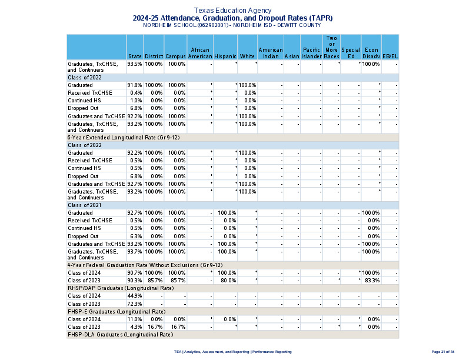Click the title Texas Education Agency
point(232,11)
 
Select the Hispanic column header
point(225,56)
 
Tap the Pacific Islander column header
point(311,53)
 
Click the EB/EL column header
point(390,56)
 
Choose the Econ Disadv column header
point(371,53)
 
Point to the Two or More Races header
point(332,47)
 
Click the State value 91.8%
point(135,85)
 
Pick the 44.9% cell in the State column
point(135,296)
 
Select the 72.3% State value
point(135,304)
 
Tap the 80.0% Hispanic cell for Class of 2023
point(227,281)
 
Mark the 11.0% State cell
point(135,319)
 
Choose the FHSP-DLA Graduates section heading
point(120,334)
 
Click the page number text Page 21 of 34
point(442,351)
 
